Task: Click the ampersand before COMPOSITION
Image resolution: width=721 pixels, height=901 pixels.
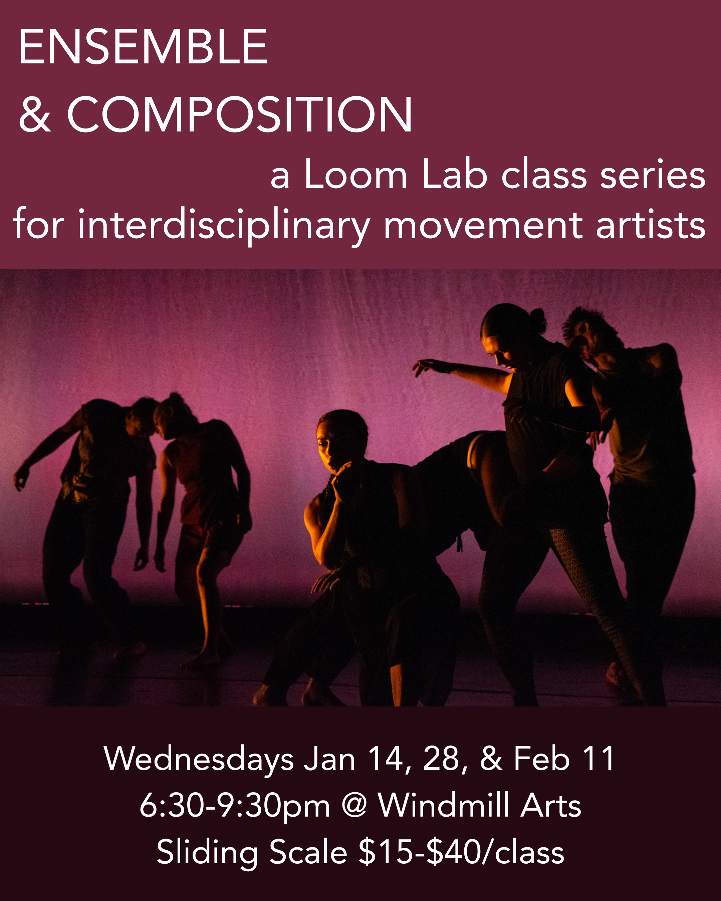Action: (x=35, y=115)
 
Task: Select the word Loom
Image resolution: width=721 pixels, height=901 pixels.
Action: (x=355, y=175)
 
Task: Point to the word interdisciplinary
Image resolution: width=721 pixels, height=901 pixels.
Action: (x=224, y=226)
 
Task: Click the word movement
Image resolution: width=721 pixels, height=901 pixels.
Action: (x=483, y=226)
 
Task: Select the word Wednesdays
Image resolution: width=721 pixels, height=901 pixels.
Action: (x=199, y=759)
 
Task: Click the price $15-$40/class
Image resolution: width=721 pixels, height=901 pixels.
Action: (x=461, y=853)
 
